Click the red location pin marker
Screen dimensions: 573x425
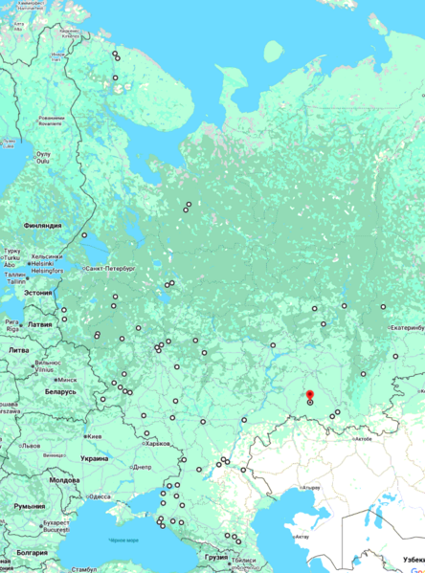[308, 395]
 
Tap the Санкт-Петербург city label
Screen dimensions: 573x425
[111, 269]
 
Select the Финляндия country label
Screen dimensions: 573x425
[44, 226]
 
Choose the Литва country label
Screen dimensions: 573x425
[18, 350]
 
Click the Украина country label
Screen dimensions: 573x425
[94, 458]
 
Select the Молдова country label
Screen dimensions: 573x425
[64, 479]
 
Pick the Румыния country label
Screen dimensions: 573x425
[29, 505]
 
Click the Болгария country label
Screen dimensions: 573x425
[32, 553]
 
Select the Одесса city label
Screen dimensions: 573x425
[100, 496]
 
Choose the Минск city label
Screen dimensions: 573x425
[67, 379]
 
